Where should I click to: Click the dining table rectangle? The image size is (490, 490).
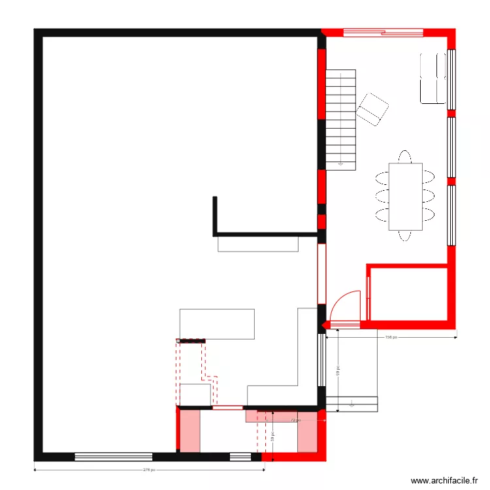click(405, 197)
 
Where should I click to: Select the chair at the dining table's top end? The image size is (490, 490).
click(405, 157)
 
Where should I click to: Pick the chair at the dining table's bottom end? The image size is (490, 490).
click(405, 235)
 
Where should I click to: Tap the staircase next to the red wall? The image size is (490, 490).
click(341, 119)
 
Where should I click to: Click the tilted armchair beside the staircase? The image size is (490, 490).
click(372, 109)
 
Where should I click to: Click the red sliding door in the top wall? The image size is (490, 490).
click(383, 31)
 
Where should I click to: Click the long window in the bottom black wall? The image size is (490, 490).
click(113, 457)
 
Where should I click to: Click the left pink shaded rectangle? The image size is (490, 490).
click(190, 431)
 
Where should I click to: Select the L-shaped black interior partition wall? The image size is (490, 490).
click(261, 233)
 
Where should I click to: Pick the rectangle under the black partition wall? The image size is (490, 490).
click(258, 244)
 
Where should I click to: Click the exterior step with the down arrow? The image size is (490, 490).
click(351, 404)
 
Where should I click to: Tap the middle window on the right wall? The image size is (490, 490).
click(451, 147)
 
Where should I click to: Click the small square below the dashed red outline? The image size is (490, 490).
click(195, 395)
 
